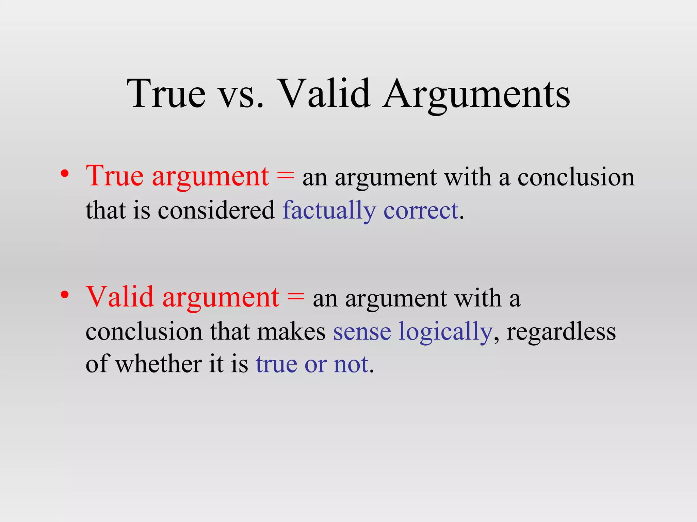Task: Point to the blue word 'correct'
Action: point(421,211)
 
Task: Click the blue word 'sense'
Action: point(362,332)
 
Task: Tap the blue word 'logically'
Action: point(445,332)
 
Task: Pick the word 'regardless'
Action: point(561,332)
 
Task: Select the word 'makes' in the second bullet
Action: point(291,332)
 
